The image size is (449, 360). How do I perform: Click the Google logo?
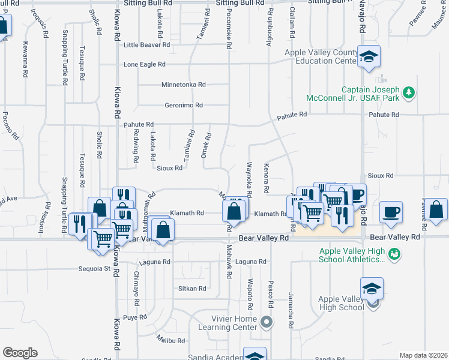[x=20, y=353]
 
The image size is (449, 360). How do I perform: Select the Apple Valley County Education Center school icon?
[x=369, y=56]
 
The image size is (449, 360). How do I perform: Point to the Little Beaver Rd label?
[x=146, y=45]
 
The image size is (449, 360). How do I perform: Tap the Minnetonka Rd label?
[x=183, y=85]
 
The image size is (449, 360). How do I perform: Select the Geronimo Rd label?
[x=184, y=105]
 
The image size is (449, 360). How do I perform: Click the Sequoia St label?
[x=94, y=269]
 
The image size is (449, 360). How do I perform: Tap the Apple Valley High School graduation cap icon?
[x=372, y=290]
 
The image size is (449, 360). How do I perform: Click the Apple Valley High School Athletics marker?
[x=394, y=254]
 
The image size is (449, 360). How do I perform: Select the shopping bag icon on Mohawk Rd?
[x=234, y=212]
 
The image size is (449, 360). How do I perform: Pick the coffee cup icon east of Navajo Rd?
[x=391, y=212]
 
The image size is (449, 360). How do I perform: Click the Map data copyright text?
[x=423, y=355]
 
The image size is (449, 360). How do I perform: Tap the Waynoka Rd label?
[x=249, y=178]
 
